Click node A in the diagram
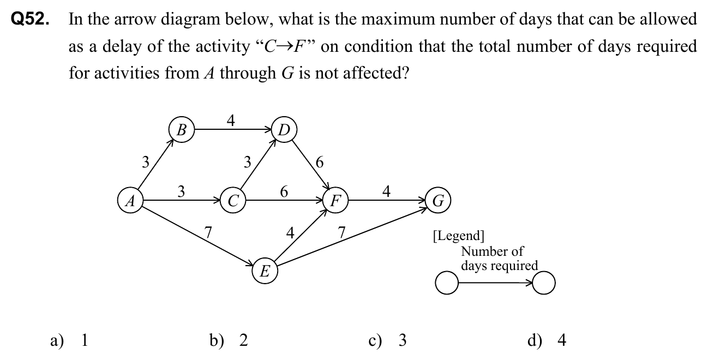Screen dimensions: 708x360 [x=130, y=200]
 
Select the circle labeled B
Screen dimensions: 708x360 [x=182, y=130]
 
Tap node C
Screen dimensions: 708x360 [x=233, y=200]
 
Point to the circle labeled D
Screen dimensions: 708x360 [x=284, y=130]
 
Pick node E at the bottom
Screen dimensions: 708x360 [x=265, y=271]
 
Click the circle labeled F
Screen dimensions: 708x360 [x=335, y=200]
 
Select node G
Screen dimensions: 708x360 [x=438, y=200]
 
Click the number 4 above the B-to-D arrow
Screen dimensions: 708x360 [x=231, y=121]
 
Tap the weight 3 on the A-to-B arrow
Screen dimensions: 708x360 [x=145, y=162]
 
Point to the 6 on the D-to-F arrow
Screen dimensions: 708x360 [x=320, y=162]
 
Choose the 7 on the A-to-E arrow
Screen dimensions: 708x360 [x=208, y=232]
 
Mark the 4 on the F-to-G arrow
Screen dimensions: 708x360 [x=386, y=191]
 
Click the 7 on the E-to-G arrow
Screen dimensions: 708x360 [x=341, y=232]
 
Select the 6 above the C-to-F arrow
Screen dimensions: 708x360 [x=284, y=191]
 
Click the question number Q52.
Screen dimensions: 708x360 [x=31, y=19]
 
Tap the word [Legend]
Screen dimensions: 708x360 [x=458, y=236]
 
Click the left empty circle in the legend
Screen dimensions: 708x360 [x=447, y=283]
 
